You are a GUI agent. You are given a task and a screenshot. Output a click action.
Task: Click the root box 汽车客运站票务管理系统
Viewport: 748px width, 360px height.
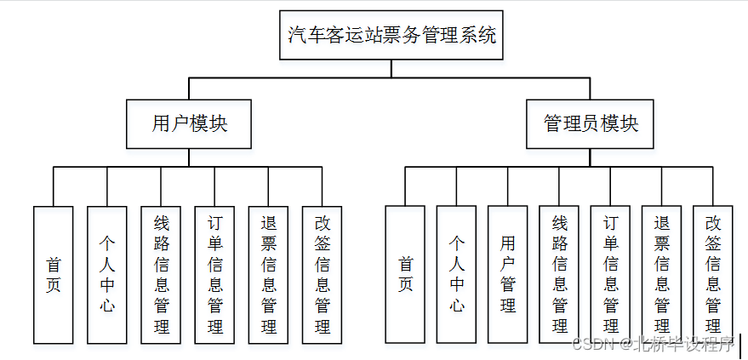tap(391, 35)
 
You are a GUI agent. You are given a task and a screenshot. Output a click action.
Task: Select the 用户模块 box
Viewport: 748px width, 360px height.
tap(189, 123)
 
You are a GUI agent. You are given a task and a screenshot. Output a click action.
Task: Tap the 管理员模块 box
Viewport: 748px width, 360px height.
tap(591, 123)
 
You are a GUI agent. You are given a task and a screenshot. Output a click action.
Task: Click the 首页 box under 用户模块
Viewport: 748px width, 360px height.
tap(53, 274)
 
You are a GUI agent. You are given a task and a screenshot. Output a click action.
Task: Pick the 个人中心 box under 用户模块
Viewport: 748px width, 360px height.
tap(107, 274)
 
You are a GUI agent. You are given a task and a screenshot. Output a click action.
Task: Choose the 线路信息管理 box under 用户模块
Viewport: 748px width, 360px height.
tap(162, 274)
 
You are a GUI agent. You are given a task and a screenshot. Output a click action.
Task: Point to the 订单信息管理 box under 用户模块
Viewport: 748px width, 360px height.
tap(214, 274)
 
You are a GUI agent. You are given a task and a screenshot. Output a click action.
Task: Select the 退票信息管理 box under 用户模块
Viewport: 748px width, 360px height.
tap(269, 274)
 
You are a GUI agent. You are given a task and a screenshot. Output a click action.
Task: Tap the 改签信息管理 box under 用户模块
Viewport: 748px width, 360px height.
tap(323, 274)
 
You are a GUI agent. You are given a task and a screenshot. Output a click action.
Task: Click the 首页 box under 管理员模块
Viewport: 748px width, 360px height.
tap(406, 274)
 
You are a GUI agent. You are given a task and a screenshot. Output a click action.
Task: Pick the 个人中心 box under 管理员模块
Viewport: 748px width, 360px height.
tap(457, 274)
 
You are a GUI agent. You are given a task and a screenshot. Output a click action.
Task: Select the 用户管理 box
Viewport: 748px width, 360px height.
tap(508, 274)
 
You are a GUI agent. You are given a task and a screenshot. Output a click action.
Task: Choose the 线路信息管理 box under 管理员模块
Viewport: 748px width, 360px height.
tap(559, 274)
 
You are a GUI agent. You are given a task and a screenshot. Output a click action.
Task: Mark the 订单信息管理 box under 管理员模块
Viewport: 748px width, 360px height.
tap(611, 274)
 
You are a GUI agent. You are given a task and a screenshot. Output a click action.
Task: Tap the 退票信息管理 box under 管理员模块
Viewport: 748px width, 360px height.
tap(662, 274)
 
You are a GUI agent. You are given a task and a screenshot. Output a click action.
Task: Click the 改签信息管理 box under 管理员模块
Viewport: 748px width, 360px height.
tap(713, 274)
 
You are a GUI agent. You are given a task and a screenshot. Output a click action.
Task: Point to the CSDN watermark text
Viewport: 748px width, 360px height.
tap(652, 345)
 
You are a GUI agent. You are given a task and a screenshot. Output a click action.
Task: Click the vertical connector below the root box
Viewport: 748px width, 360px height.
tap(391, 68)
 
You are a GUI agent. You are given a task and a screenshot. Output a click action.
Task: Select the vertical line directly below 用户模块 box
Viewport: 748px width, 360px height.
tap(189, 157)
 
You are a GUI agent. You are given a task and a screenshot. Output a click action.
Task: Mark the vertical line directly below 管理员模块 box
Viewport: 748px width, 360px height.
tap(591, 157)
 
